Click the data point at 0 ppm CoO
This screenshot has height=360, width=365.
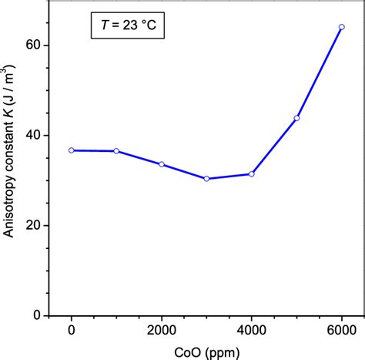(x=72, y=150)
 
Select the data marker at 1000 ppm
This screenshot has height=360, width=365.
(x=116, y=151)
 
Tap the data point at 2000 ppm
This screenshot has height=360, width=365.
(x=162, y=164)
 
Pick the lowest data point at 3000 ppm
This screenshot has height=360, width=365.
(x=206, y=179)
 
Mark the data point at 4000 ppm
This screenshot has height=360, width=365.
(x=251, y=174)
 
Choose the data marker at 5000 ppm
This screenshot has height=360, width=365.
(x=296, y=118)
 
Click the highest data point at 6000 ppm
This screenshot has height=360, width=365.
(x=341, y=27)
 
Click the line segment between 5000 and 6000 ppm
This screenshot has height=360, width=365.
(x=319, y=72)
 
